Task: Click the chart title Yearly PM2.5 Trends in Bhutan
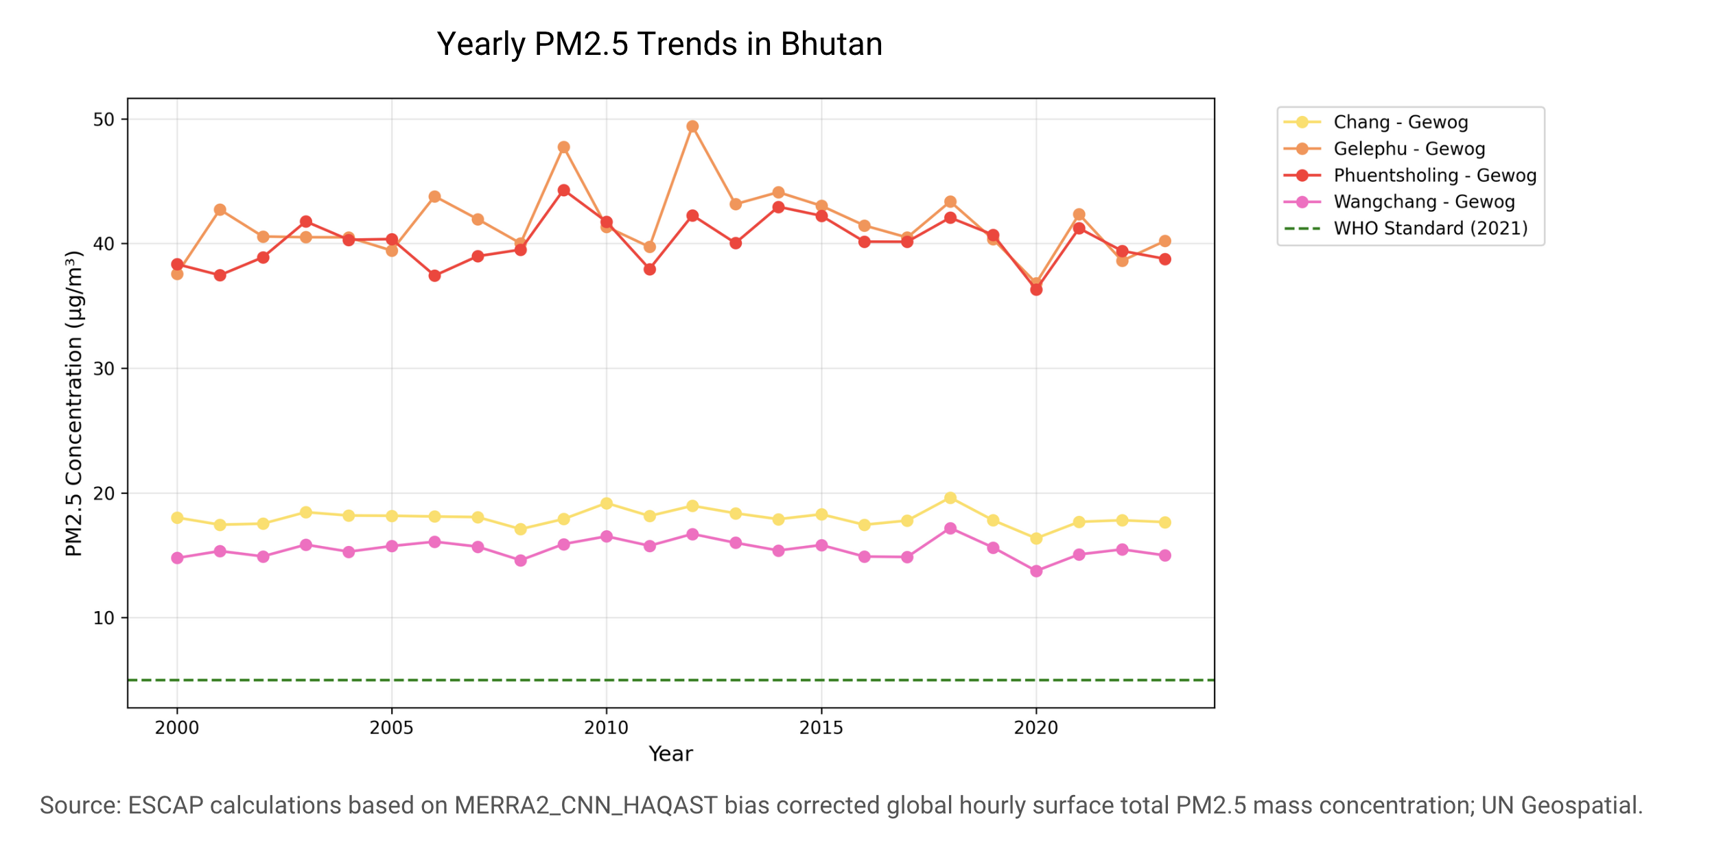tap(659, 45)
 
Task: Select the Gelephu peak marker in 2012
tap(692, 126)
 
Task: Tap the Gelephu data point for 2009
tap(563, 147)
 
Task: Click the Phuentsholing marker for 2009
tap(563, 190)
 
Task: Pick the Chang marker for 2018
tap(950, 498)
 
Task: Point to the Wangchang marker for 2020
tap(1036, 571)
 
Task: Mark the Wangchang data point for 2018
tap(950, 528)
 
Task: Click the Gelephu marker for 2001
tap(220, 210)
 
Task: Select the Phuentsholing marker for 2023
tap(1165, 259)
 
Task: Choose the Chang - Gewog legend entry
tap(1376, 122)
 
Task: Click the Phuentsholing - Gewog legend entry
tap(1410, 176)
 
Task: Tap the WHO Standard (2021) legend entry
tap(1406, 228)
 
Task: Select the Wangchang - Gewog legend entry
tap(1399, 202)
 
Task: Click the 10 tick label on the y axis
tap(104, 618)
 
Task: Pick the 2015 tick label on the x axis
tap(821, 728)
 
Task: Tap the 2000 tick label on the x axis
tap(177, 728)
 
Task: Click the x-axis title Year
tap(671, 754)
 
